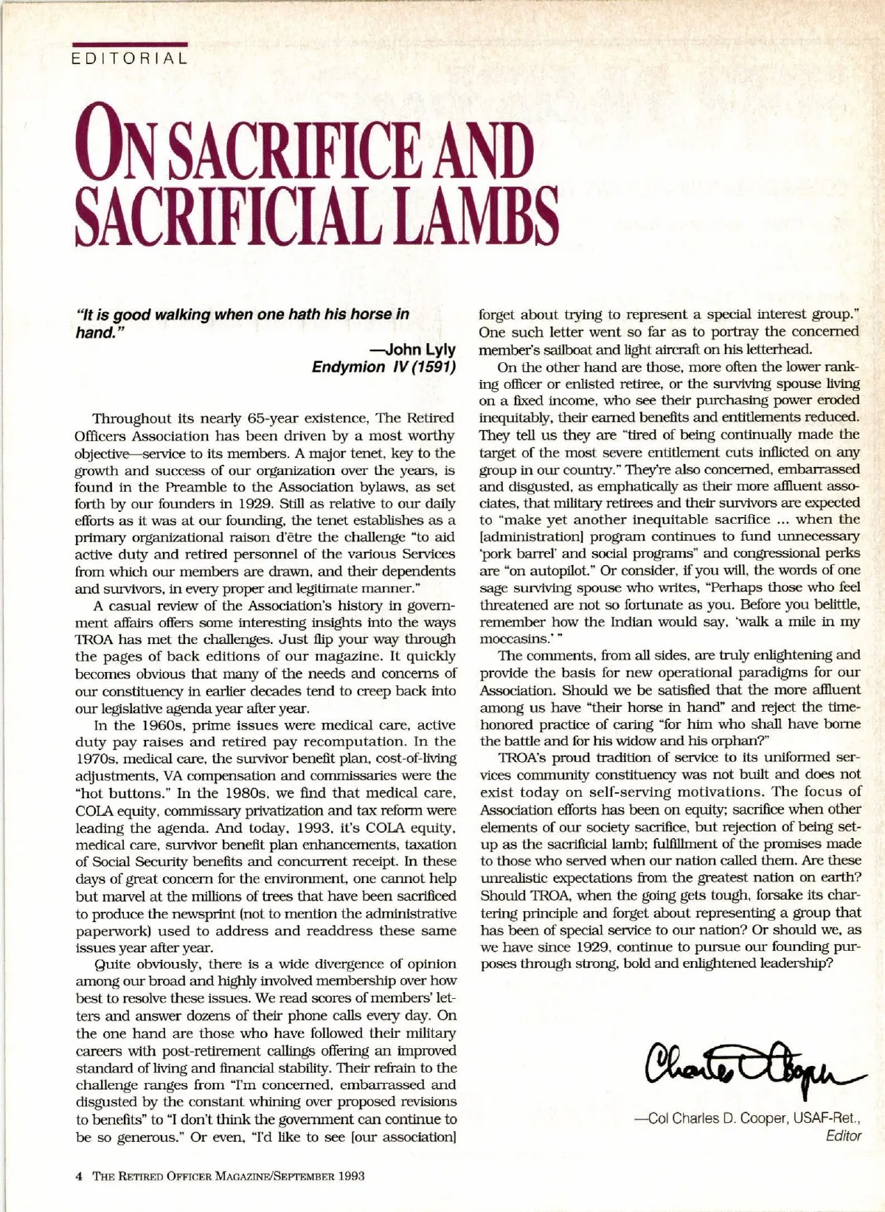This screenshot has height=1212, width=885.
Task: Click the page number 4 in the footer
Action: (x=79, y=1176)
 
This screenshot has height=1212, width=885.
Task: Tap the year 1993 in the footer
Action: (x=350, y=1176)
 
